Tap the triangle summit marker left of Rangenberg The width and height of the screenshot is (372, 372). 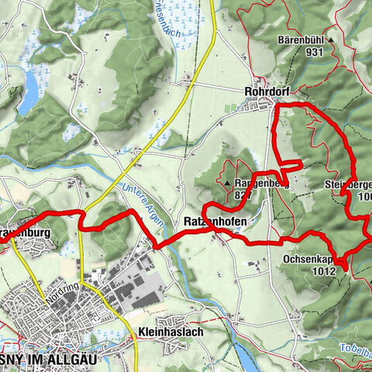coord(228,184)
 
